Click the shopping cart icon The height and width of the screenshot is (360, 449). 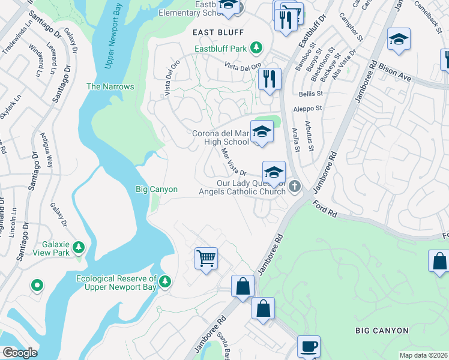206,259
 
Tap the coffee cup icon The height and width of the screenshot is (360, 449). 309,346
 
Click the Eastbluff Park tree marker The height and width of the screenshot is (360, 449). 256,47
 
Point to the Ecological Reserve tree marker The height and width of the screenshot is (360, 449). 165,280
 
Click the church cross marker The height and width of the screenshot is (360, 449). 294,187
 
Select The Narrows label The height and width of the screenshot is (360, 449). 110,86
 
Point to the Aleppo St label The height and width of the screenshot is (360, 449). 307,108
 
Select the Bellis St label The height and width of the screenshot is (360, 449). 311,94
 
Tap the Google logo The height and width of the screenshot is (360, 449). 20,352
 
